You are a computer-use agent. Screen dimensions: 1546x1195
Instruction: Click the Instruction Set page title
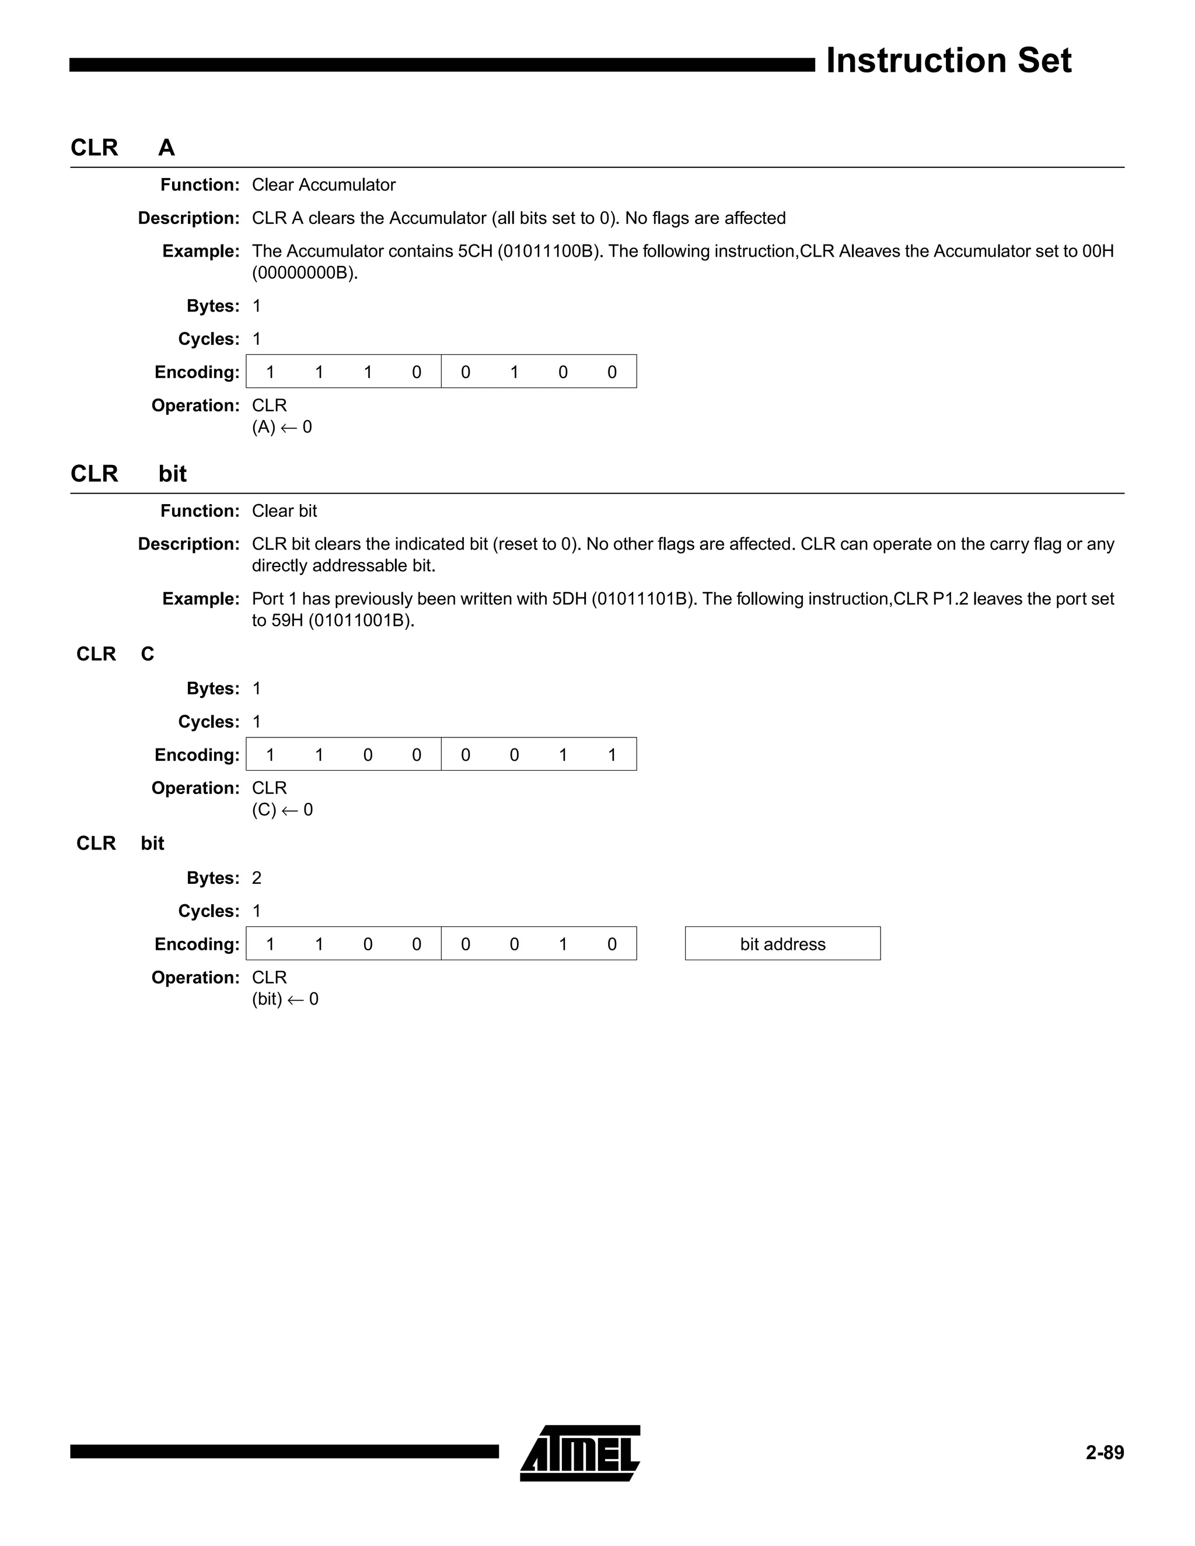point(948,61)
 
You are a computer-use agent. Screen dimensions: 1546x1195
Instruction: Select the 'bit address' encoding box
point(782,943)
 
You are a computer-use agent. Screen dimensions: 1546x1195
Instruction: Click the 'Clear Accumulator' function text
point(323,185)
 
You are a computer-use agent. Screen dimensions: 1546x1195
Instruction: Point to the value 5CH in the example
point(474,251)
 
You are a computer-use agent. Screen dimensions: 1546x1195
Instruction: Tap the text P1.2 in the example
point(949,599)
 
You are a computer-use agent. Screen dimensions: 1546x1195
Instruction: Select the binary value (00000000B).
point(305,272)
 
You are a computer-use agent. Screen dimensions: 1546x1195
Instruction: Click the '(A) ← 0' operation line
point(282,427)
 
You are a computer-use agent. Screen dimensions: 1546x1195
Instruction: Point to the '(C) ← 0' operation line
point(282,810)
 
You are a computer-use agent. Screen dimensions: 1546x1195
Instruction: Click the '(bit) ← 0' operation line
point(285,999)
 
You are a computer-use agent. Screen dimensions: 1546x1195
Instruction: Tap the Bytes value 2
point(256,878)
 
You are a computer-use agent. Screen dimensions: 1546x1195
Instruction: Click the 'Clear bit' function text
point(284,511)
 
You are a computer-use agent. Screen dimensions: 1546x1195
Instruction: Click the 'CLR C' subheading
point(115,654)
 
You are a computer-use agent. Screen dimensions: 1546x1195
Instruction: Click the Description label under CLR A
point(188,218)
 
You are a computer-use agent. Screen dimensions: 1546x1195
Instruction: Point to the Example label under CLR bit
point(201,599)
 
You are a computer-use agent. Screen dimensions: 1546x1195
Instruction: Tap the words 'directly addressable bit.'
point(343,565)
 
